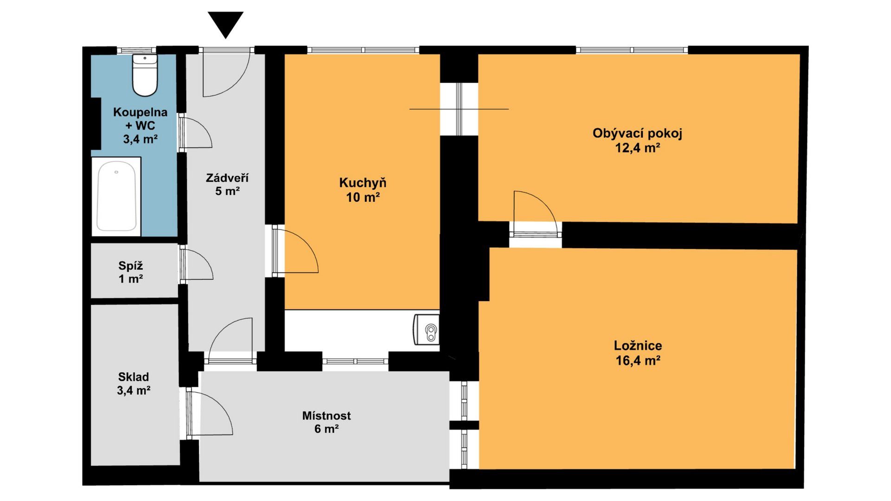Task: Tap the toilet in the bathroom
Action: pos(145,75)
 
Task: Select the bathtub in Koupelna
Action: pos(116,196)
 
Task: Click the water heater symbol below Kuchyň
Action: pos(426,329)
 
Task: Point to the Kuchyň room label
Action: pos(363,183)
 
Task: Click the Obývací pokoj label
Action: pos(637,134)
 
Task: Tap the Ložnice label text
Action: pos(638,346)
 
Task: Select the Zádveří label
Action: pos(227,178)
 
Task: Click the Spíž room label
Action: pos(130,266)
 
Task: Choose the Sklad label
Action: pos(134,377)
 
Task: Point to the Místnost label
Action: pos(326,416)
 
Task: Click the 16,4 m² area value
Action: pos(638,360)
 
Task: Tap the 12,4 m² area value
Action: pos(637,148)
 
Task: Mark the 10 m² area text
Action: pos(363,197)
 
